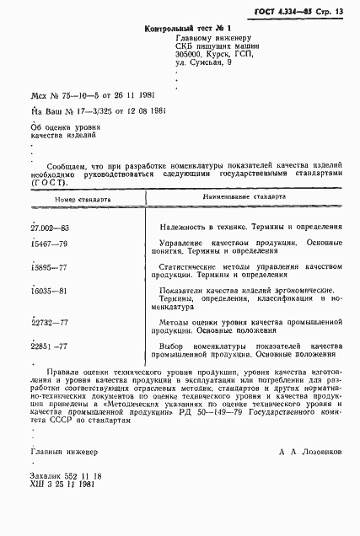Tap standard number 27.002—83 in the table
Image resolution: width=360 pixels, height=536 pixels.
[51, 227]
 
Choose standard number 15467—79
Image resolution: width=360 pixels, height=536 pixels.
[49, 244]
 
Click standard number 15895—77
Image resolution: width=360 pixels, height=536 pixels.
[49, 267]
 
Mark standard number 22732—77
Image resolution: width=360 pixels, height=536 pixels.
[49, 324]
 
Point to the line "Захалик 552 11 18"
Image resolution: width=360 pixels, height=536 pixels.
[66, 477]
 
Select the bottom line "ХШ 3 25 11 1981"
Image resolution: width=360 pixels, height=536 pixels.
[64, 486]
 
